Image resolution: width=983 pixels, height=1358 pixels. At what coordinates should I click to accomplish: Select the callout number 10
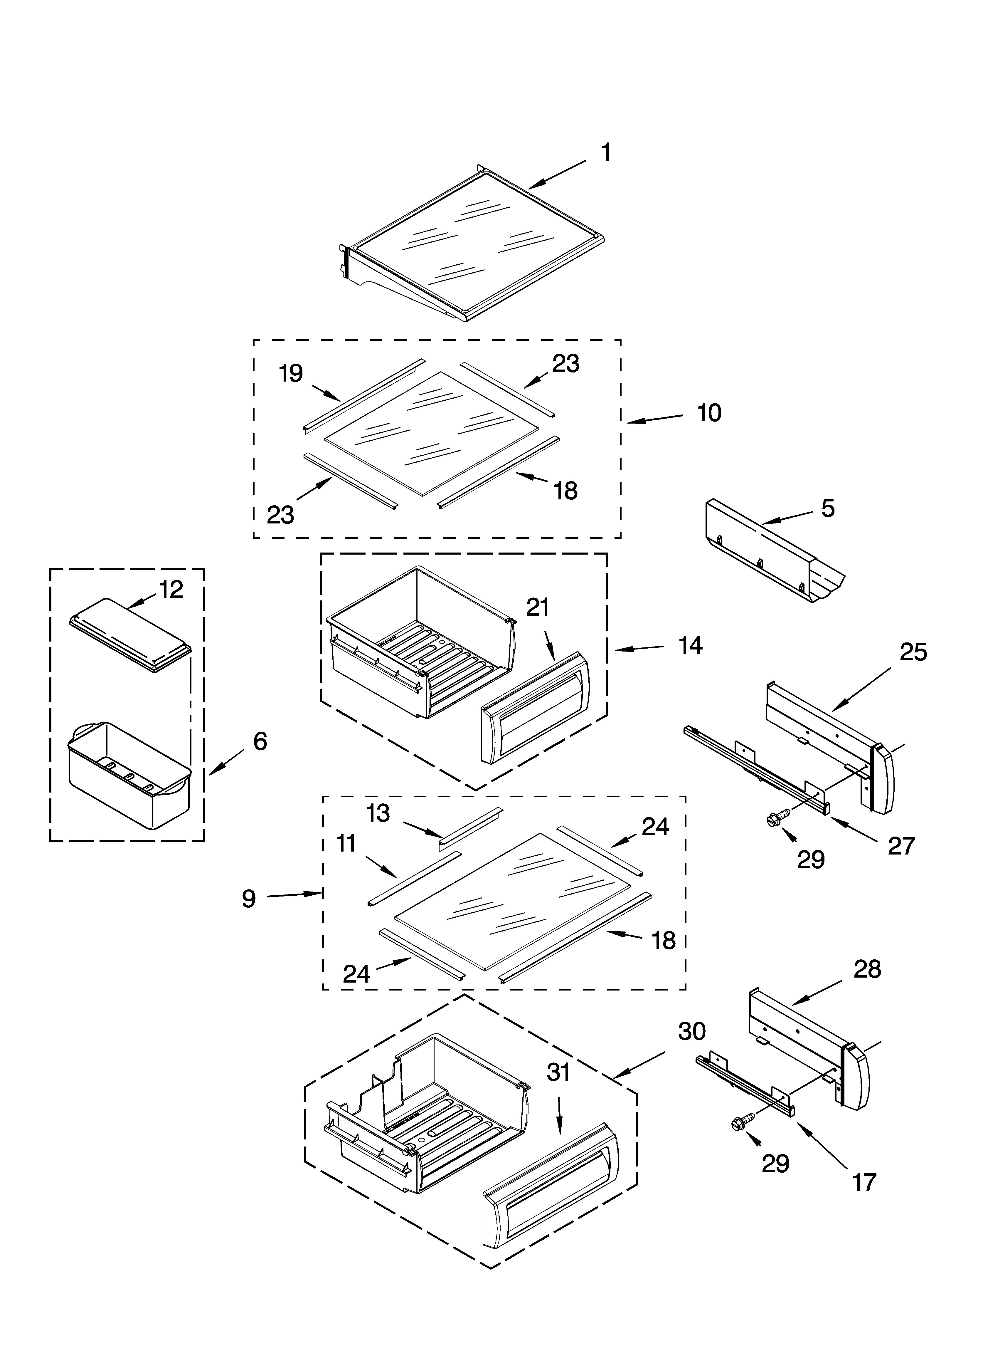click(x=709, y=413)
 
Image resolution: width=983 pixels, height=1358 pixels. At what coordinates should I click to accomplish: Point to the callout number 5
click(x=827, y=508)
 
